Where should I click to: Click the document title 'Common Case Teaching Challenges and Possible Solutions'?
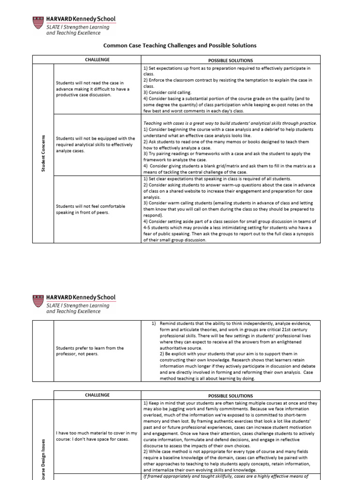tap(180, 45)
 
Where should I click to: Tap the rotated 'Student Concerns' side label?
tap(43, 152)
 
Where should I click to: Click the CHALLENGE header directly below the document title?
tap(97, 60)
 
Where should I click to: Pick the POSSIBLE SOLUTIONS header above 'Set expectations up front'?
tap(230, 60)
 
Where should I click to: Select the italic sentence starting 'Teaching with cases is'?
tap(230, 123)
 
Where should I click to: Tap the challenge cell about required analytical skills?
tap(95, 145)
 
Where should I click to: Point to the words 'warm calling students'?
tap(187, 203)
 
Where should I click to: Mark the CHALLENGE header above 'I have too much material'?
tap(97, 395)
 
